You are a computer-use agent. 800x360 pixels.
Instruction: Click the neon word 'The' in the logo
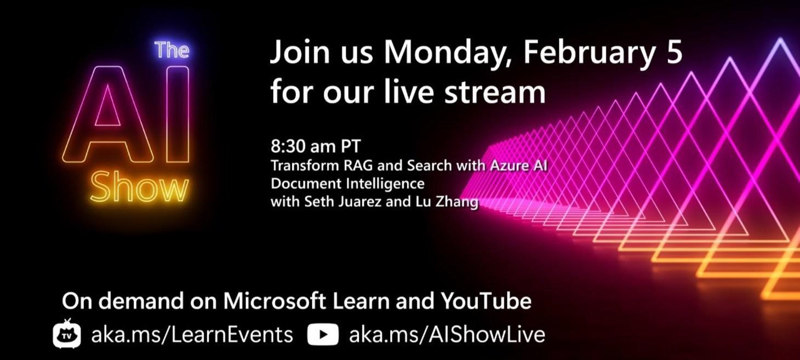[172, 50]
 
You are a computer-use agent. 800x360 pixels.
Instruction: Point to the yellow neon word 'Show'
[139, 188]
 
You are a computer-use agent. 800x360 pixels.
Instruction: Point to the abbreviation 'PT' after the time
[351, 147]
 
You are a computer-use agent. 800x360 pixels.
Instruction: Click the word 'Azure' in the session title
[505, 165]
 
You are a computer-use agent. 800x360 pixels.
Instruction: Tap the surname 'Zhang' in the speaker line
[458, 202]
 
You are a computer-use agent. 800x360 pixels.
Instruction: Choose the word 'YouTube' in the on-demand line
[485, 301]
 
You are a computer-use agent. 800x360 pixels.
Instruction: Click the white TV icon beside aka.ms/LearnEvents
[67, 334]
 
